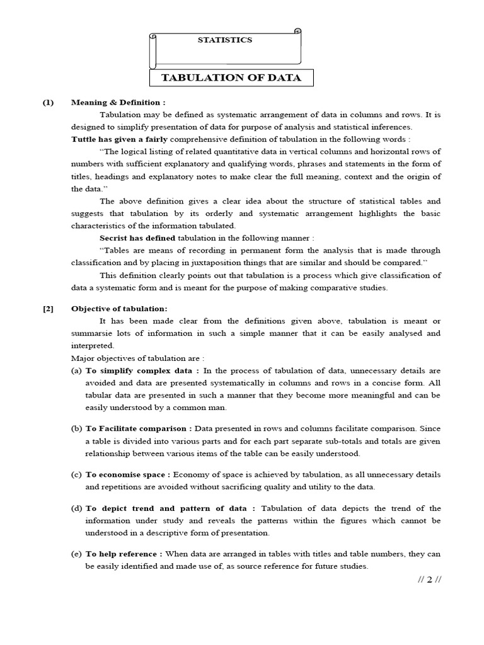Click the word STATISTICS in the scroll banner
tap(224, 40)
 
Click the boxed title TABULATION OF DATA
tap(231, 78)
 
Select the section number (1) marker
tap(49, 103)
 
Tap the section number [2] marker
tap(49, 309)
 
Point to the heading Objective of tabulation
tap(119, 309)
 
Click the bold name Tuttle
tap(84, 139)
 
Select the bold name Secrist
tap(117, 238)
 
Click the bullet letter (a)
tap(77, 370)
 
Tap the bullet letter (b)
tap(77, 428)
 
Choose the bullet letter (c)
tap(77, 474)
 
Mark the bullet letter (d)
tap(77, 508)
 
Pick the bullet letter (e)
tap(77, 554)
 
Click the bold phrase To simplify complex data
tap(142, 370)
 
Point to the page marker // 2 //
tap(429, 580)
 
